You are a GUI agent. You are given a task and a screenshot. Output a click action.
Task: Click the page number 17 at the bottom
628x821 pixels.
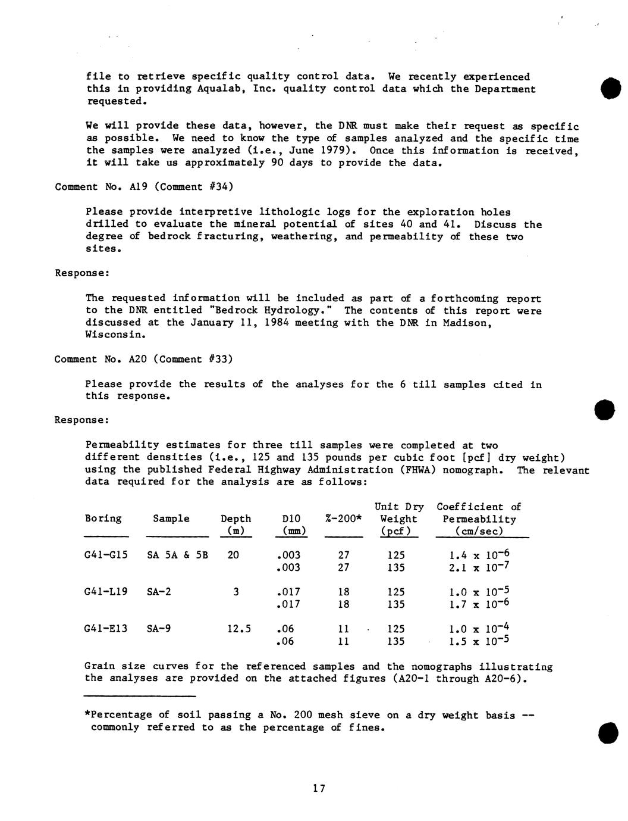point(319,789)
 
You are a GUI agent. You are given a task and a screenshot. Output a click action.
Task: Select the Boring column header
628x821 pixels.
point(103,519)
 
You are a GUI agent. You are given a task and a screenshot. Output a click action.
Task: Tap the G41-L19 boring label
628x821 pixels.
point(106,592)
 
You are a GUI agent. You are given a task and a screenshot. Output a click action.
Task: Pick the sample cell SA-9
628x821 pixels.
point(159,628)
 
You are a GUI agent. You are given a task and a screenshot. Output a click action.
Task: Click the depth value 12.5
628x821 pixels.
point(239,629)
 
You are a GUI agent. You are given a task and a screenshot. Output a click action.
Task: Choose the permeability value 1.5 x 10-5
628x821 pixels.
point(480,641)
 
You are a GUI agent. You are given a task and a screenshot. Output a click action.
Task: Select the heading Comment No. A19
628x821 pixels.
point(99,187)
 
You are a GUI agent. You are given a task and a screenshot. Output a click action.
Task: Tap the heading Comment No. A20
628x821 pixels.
point(99,359)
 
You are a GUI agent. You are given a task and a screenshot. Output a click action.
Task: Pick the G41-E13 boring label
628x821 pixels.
point(106,628)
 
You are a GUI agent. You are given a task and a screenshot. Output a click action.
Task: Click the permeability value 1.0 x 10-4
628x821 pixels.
point(480,629)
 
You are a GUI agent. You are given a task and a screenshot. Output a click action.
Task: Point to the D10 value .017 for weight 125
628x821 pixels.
point(288,592)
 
